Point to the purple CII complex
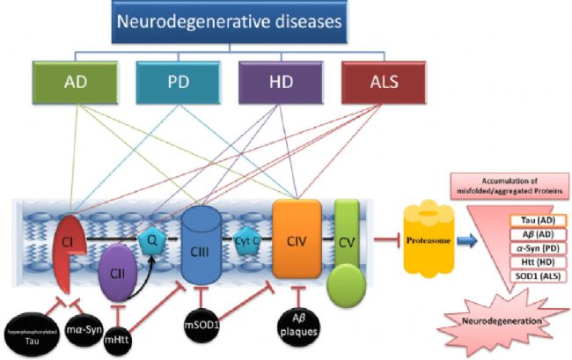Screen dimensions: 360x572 (115, 270)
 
